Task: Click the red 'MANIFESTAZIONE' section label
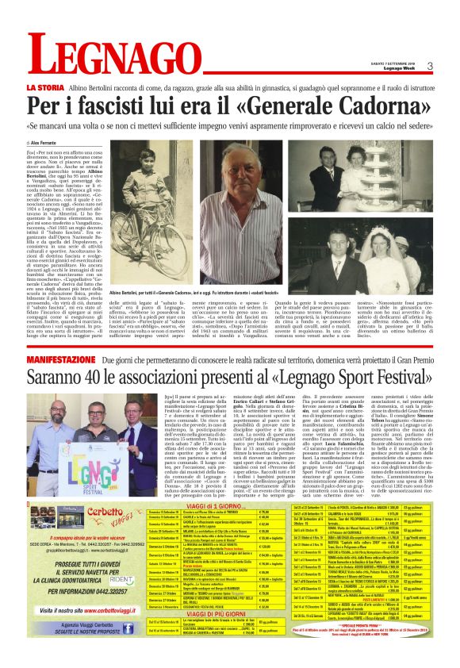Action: pos(63,359)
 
